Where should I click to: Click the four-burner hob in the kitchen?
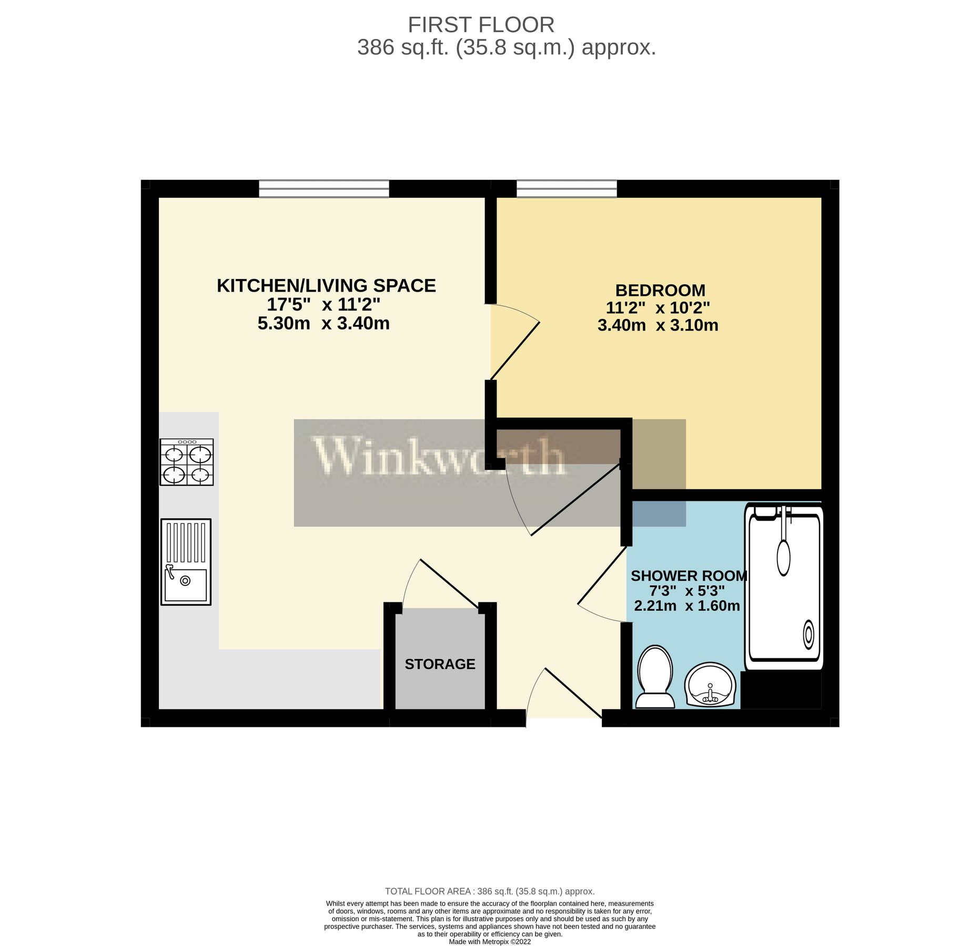pos(186,462)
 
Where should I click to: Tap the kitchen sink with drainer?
pos(186,562)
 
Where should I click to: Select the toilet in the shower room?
pos(655,677)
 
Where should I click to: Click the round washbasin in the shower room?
pos(709,684)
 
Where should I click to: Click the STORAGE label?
pos(440,664)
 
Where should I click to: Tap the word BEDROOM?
pos(660,290)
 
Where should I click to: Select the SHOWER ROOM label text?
pos(689,576)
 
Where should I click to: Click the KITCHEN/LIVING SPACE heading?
pos(326,286)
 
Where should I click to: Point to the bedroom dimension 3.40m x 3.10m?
pos(658,325)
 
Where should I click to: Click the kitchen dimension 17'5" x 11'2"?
pos(323,304)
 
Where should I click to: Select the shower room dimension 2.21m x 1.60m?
pos(687,606)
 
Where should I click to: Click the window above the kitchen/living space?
pos(324,189)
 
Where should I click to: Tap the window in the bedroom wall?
pos(567,189)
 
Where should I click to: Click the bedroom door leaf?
pos(515,351)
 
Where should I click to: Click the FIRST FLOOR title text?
pos(481,25)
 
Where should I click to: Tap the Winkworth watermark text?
pos(439,457)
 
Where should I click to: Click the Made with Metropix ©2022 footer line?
pos(489,942)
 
